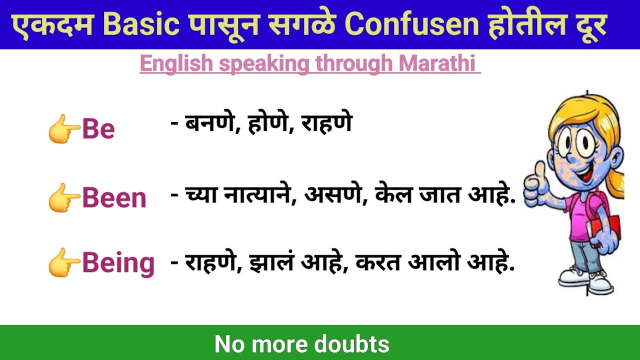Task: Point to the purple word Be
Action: pyautogui.click(x=98, y=129)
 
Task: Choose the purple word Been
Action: pyautogui.click(x=114, y=198)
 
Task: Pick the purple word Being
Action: pyautogui.click(x=118, y=263)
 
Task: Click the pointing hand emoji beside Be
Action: pyautogui.click(x=63, y=128)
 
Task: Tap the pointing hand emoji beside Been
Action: pyautogui.click(x=63, y=197)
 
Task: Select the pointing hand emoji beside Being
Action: pyautogui.click(x=63, y=262)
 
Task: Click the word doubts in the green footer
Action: pyautogui.click(x=352, y=344)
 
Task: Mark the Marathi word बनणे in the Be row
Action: pyautogui.click(x=209, y=123)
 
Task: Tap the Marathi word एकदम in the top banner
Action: pyautogui.click(x=52, y=25)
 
